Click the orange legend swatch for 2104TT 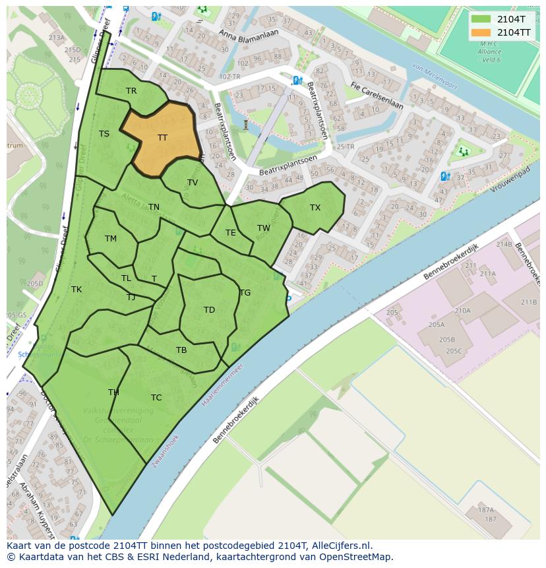click(481, 32)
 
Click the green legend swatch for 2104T click(481, 18)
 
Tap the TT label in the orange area click(163, 138)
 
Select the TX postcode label click(315, 208)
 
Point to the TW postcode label click(264, 228)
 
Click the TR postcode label click(131, 91)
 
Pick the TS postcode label click(104, 134)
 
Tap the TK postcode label click(76, 290)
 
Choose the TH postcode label click(113, 393)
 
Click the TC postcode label click(156, 398)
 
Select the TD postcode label click(209, 310)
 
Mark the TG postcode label click(245, 293)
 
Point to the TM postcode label click(110, 239)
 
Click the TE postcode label click(230, 233)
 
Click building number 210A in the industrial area click(462, 310)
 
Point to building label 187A click(486, 510)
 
